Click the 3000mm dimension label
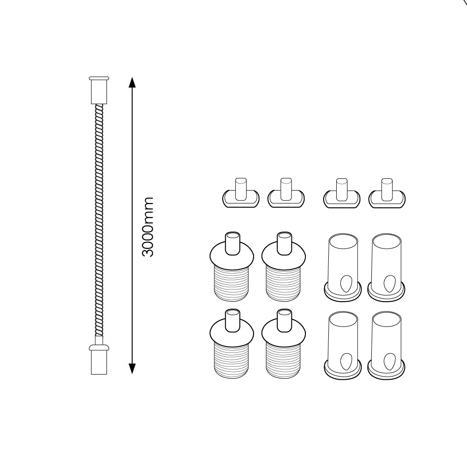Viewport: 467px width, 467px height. tap(148, 226)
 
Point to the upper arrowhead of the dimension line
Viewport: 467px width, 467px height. tap(132, 83)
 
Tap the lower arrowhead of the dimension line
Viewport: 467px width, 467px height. tap(132, 368)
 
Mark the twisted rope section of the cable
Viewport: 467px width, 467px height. tap(99, 219)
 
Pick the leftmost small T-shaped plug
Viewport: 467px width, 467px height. tap(241, 194)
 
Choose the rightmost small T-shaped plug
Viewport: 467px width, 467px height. tap(387, 194)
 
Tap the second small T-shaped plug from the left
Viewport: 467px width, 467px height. tap(286, 194)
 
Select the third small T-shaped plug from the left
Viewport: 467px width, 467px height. tap(341, 194)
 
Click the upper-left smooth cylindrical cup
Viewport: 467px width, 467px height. tap(343, 266)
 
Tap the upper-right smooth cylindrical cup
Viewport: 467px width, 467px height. tap(386, 266)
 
